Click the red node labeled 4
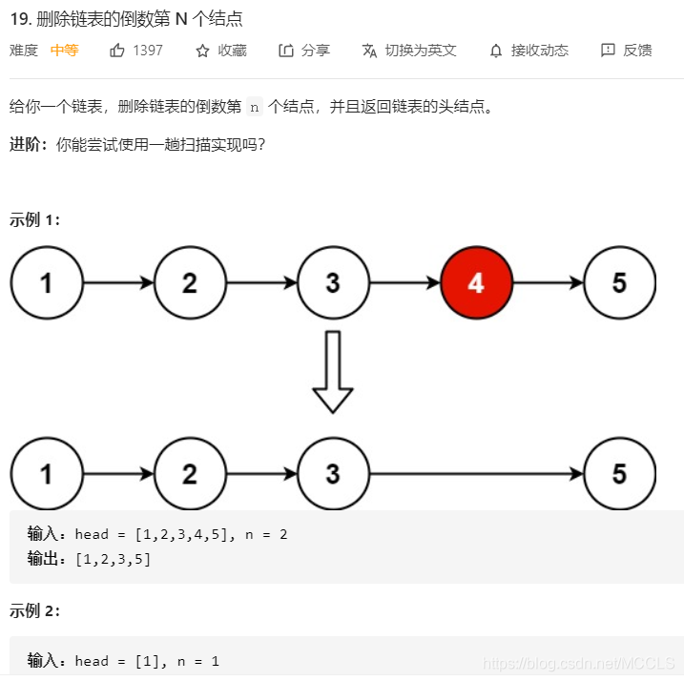[476, 283]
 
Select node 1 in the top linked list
[47, 283]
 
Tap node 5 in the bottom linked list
[619, 474]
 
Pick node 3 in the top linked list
[333, 283]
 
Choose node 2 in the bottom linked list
[190, 474]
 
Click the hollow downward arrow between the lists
[333, 372]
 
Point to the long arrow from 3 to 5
[476, 474]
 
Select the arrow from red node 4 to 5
[548, 283]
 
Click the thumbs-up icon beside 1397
[117, 51]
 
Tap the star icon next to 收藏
[202, 51]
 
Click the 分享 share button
[304, 51]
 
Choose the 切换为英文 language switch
[409, 51]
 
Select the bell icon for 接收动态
[496, 51]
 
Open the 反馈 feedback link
[627, 51]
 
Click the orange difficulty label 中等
[64, 51]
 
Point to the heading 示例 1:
[34, 220]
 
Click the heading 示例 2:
[34, 611]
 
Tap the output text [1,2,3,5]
[113, 559]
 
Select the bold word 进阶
[27, 144]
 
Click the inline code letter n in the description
[254, 107]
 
